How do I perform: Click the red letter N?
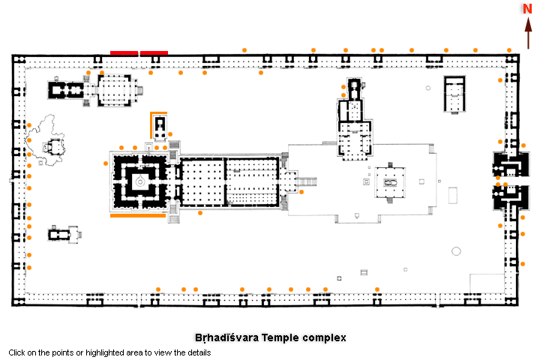528,9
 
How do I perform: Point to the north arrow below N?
528,34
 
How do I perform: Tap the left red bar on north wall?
124,52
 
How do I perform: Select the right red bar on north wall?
154,52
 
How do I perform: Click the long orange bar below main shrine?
138,216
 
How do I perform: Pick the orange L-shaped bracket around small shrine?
153,120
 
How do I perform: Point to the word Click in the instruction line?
17,352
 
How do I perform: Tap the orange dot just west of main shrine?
106,163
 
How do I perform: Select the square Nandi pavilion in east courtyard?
390,182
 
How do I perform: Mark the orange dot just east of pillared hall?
301,192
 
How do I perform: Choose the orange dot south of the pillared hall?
200,213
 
